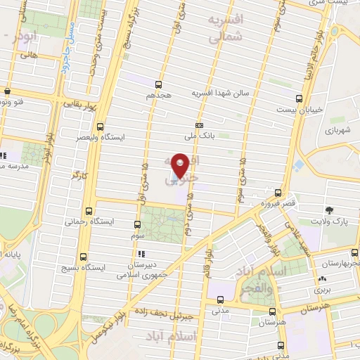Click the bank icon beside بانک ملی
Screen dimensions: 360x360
pyautogui.click(x=200, y=126)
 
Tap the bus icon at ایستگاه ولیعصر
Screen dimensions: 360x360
pyautogui.click(x=100, y=127)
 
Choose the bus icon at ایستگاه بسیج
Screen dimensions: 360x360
pyautogui.click(x=84, y=257)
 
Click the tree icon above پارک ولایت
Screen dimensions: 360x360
pyautogui.click(x=328, y=210)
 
